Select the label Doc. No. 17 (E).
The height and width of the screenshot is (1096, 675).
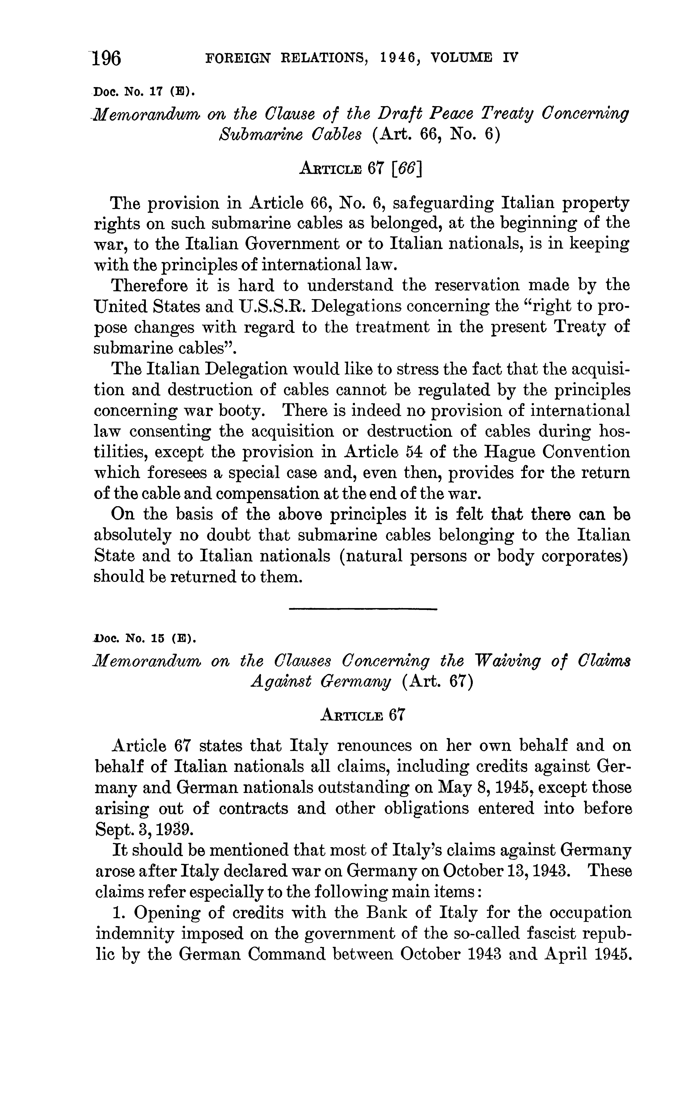click(144, 93)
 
